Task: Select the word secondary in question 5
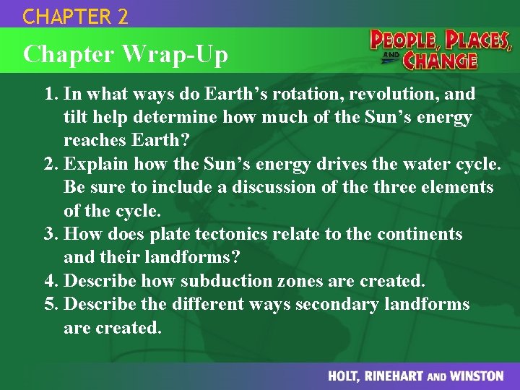[x=337, y=305]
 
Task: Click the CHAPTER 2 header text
[x=76, y=16]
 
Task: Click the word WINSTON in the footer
[x=476, y=376]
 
